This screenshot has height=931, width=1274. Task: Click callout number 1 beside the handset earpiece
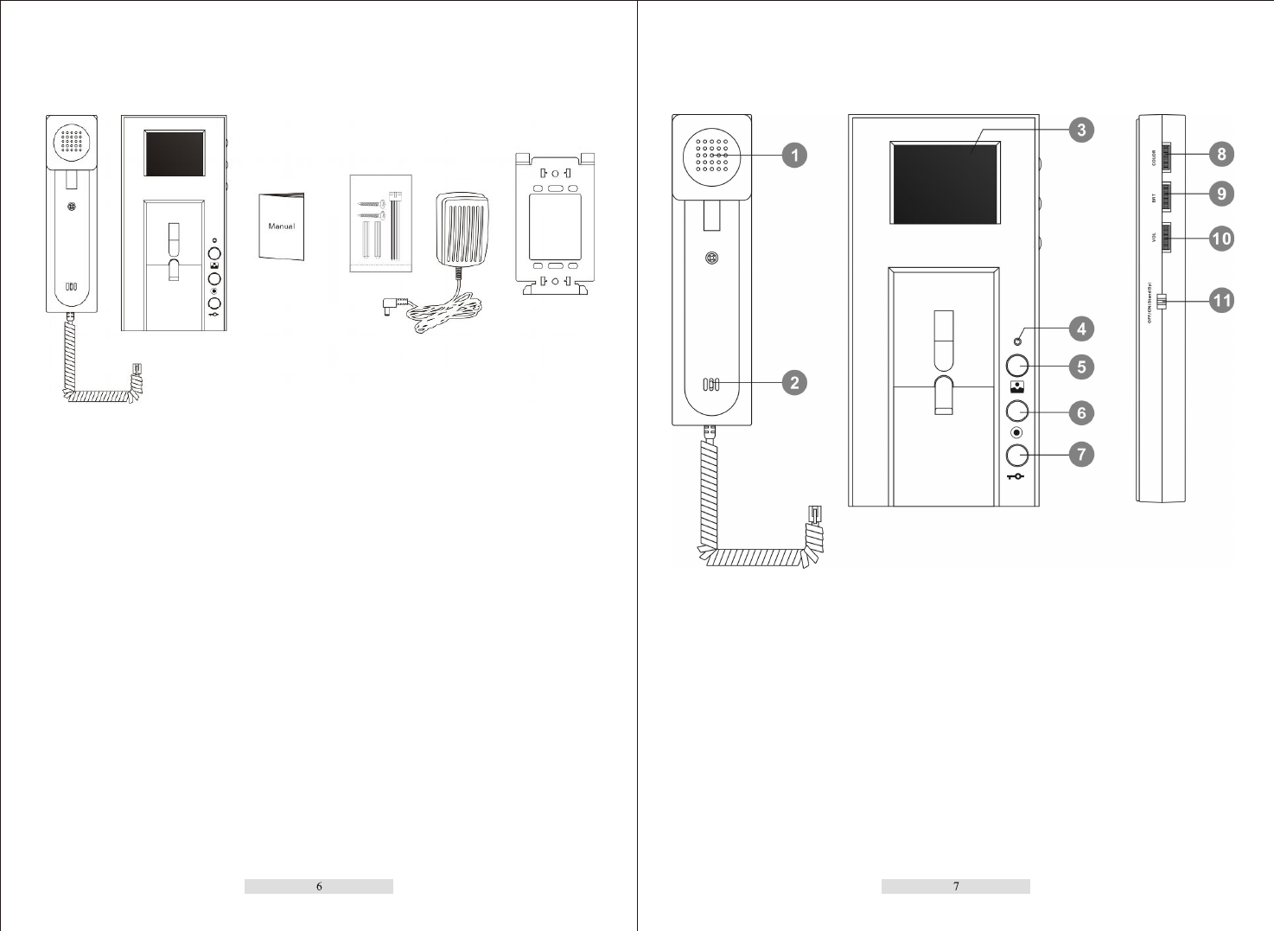click(x=794, y=156)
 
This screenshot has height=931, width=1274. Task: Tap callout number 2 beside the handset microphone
click(x=794, y=382)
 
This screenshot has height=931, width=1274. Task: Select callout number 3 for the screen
click(x=1081, y=131)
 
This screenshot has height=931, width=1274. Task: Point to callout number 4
click(x=1081, y=328)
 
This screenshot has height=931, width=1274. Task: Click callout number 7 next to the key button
click(x=1081, y=454)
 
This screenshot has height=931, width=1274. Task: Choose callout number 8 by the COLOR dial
click(x=1221, y=154)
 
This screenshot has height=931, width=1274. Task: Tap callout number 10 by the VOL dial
click(x=1221, y=238)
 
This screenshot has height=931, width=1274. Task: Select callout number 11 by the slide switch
click(x=1221, y=301)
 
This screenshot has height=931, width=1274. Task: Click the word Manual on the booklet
click(x=282, y=226)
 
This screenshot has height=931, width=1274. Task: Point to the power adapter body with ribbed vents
click(x=462, y=229)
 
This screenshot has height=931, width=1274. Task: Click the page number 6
click(x=319, y=886)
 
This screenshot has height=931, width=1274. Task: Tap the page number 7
click(x=956, y=886)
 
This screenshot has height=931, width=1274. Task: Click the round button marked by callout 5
click(x=1017, y=366)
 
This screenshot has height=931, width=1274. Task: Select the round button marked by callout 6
click(x=1017, y=411)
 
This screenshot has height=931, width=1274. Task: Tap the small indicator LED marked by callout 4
click(x=1017, y=341)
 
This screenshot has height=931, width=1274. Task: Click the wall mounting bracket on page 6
click(x=555, y=225)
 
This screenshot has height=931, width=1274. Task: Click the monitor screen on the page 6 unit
click(x=175, y=154)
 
